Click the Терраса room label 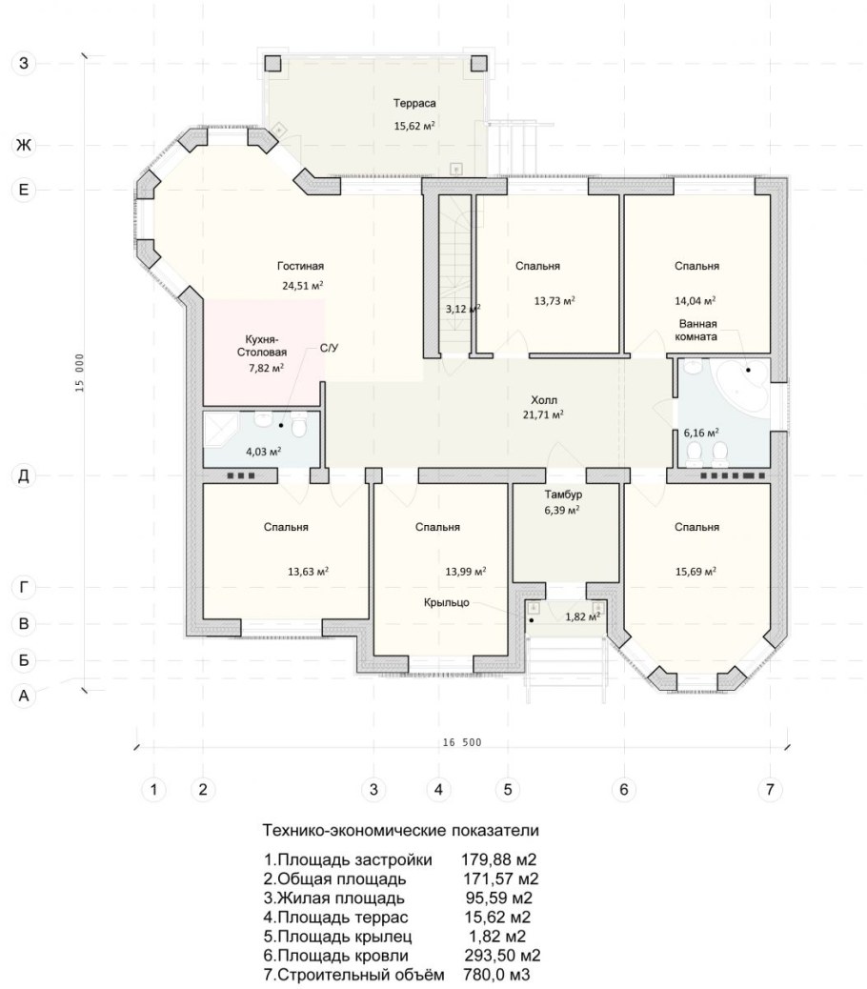click(x=414, y=104)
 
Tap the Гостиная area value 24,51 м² click(x=303, y=285)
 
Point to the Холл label click(x=543, y=400)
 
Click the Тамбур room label click(x=563, y=494)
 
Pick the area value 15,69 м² click(x=696, y=572)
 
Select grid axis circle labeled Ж click(x=23, y=146)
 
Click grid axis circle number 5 click(x=508, y=789)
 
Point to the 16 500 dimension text click(x=461, y=742)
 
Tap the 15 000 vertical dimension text click(x=79, y=373)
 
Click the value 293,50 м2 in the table click(x=502, y=955)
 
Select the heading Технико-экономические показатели click(x=401, y=830)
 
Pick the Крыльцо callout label click(x=447, y=602)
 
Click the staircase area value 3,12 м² click(x=463, y=309)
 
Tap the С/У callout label click(x=329, y=348)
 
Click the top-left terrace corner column click(x=272, y=63)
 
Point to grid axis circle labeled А click(x=23, y=696)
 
